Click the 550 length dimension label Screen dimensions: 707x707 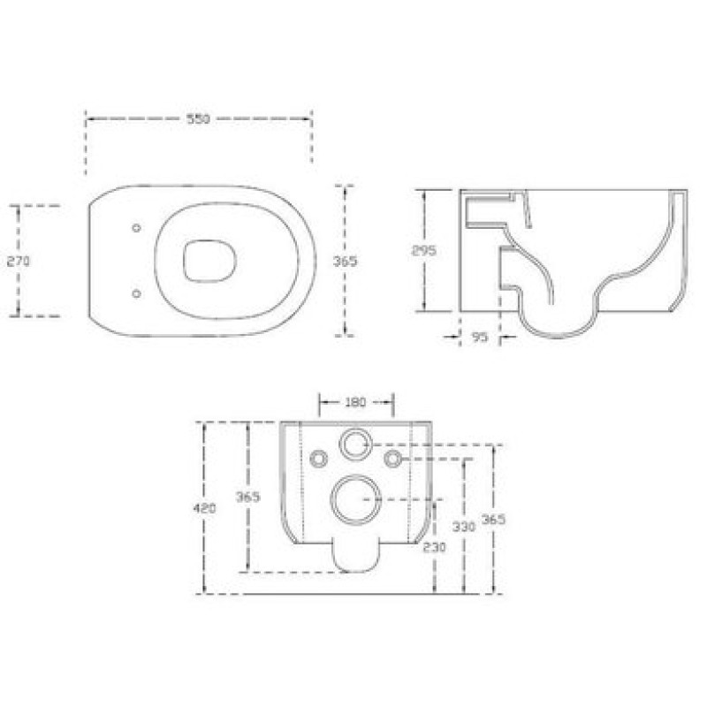click(198, 119)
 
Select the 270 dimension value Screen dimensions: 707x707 click(19, 261)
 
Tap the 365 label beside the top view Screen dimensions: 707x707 click(345, 261)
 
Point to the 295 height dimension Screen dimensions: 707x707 click(424, 250)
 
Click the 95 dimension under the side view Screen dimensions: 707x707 click(480, 337)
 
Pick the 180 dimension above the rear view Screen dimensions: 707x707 click(355, 402)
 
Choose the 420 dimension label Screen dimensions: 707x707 click(204, 508)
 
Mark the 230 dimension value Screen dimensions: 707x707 click(434, 547)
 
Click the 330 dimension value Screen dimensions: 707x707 click(464, 526)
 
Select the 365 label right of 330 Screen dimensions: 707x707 click(493, 520)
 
